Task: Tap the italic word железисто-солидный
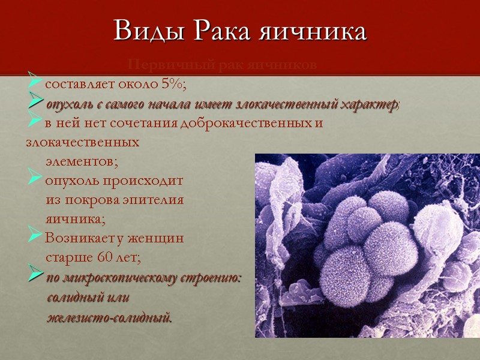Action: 109,316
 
